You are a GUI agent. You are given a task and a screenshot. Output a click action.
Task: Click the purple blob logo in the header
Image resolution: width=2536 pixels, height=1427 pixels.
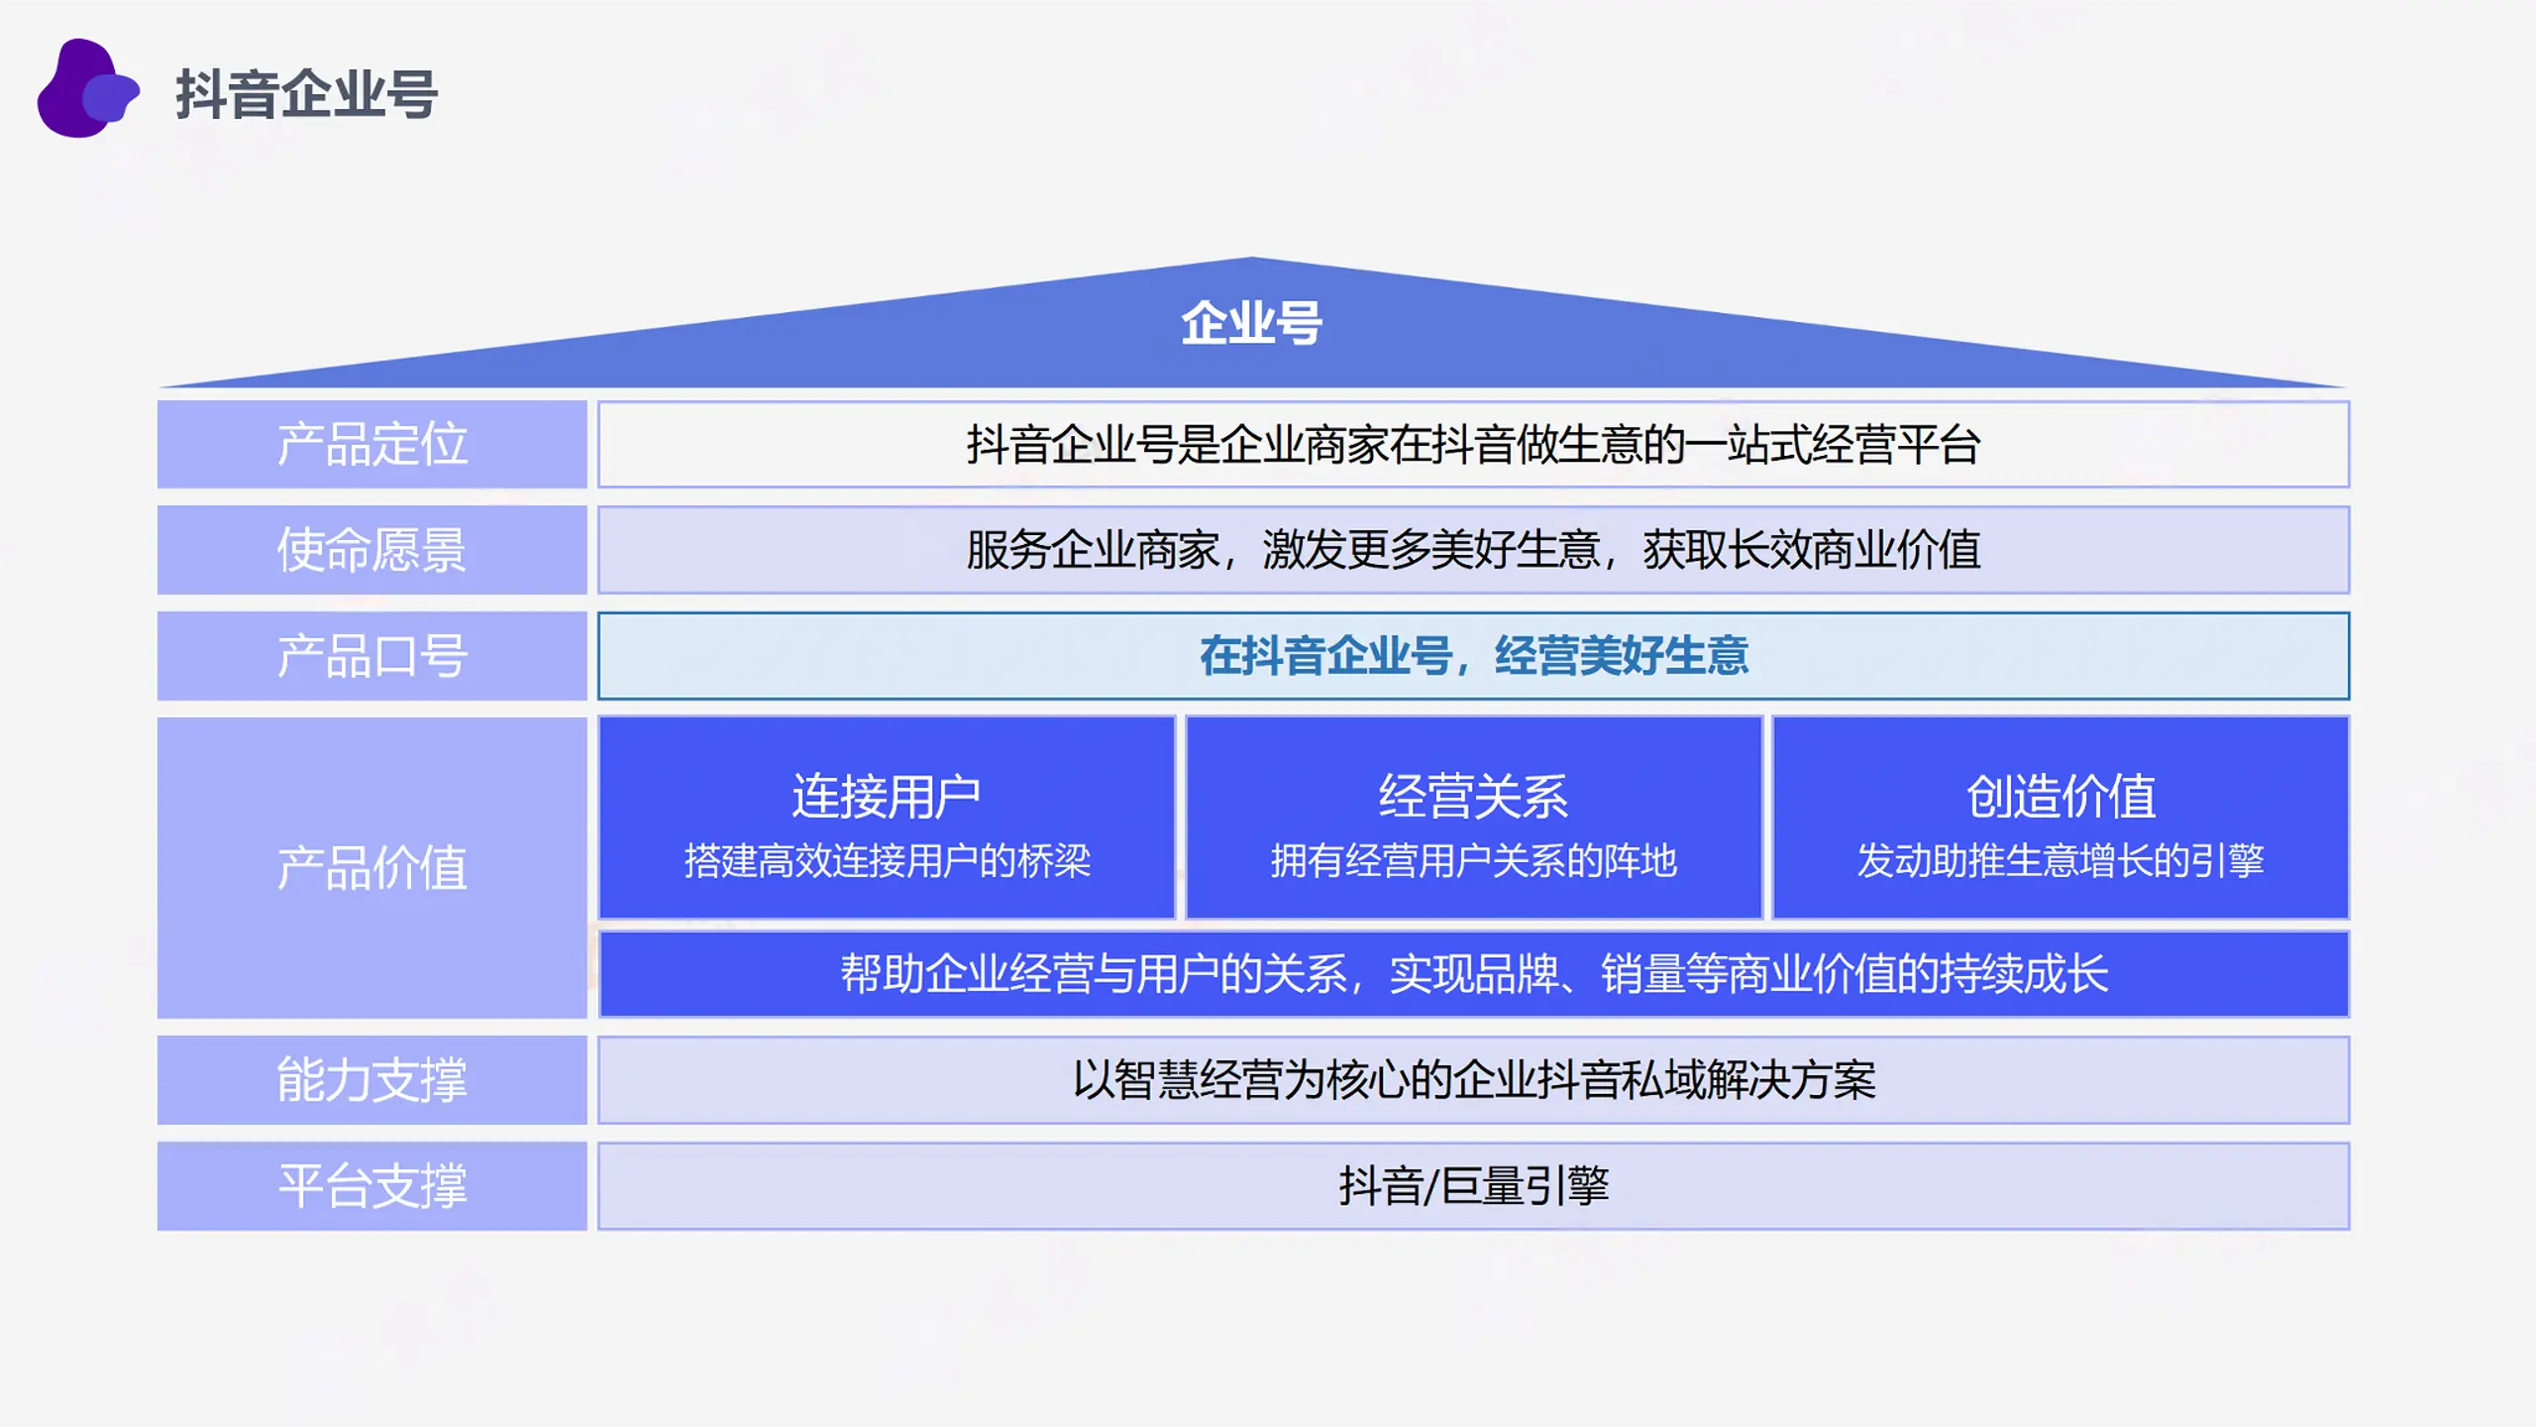tap(87, 89)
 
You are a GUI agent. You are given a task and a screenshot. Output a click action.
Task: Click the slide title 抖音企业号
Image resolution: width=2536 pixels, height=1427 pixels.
tap(307, 94)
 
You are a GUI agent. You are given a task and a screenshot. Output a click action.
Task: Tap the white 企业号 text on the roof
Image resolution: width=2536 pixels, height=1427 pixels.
tap(1251, 323)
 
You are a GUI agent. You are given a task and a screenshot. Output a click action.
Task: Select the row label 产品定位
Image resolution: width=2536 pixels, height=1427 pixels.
tap(371, 444)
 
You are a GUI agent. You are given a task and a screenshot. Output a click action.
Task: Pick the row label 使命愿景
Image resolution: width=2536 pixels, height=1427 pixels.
tap(371, 550)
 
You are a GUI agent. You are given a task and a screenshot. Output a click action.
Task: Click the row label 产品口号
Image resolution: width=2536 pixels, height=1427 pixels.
tap(371, 656)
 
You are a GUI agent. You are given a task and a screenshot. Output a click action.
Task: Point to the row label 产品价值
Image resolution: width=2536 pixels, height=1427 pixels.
tap(371, 868)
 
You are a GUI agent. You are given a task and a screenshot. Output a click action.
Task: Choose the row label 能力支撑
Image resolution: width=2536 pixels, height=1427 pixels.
tap(371, 1080)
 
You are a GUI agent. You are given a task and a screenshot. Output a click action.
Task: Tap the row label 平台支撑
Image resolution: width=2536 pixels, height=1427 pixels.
tap(371, 1186)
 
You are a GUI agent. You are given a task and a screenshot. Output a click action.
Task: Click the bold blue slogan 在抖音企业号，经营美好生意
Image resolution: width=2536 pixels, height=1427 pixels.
tap(1474, 656)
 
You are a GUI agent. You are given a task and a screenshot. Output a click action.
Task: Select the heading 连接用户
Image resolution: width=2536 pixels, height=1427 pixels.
tap(887, 797)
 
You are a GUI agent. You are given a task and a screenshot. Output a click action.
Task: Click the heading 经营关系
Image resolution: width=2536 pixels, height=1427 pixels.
tap(1474, 797)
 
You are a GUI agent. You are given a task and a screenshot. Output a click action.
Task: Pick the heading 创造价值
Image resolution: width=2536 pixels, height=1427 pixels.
tap(2061, 797)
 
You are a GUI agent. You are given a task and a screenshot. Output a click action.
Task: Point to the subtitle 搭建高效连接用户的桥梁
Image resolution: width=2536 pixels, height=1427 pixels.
tap(887, 861)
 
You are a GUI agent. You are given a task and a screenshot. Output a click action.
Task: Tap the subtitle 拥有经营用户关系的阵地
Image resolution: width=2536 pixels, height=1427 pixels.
tap(1474, 861)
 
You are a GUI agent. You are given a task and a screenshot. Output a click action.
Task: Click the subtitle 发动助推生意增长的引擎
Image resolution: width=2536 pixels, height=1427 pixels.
tap(2061, 861)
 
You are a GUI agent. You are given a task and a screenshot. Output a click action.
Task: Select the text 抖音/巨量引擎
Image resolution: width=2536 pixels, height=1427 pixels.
tap(1474, 1186)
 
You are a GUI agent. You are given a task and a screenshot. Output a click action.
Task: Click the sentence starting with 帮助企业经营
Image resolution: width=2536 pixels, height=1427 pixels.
tap(1474, 974)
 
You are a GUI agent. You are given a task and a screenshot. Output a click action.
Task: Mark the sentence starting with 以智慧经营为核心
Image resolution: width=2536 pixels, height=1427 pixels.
tap(1474, 1080)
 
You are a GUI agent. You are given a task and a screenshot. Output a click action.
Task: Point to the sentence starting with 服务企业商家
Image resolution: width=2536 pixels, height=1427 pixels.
tap(1474, 550)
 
